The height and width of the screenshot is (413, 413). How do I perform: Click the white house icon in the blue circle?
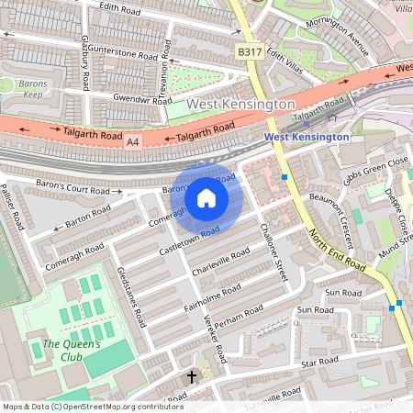(x=206, y=197)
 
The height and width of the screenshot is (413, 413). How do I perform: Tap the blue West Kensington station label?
(x=307, y=137)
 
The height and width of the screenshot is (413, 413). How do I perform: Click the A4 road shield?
(x=133, y=141)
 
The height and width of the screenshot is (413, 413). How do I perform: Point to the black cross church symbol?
(x=192, y=377)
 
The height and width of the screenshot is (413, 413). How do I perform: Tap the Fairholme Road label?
(x=212, y=296)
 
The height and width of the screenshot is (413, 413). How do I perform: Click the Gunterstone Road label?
(x=123, y=55)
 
